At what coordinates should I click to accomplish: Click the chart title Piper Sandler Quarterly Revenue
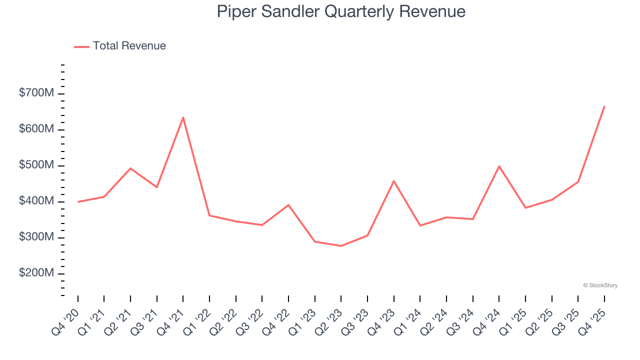[341, 11]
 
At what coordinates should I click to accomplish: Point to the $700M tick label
[35, 93]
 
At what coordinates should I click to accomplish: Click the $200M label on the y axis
[35, 273]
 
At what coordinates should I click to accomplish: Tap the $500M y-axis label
[35, 165]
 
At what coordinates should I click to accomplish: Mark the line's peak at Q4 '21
[183, 117]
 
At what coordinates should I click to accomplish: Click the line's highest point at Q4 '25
[604, 106]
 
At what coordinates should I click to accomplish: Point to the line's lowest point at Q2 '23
[341, 246]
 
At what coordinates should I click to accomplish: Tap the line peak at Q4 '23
[394, 181]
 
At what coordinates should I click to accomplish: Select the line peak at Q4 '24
[499, 166]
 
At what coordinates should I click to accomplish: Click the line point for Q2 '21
[130, 168]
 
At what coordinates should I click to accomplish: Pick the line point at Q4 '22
[288, 205]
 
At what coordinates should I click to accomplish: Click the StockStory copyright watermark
[600, 285]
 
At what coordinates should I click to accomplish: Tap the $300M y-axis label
[35, 237]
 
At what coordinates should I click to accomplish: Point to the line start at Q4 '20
[78, 201]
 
